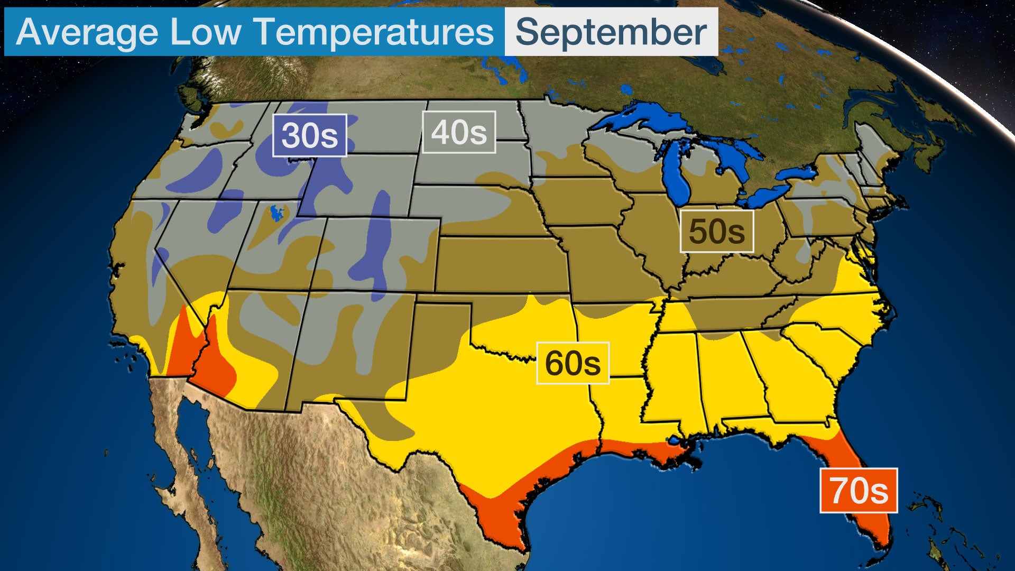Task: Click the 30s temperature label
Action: click(309, 135)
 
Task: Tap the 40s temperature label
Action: click(458, 132)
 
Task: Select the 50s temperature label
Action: click(716, 231)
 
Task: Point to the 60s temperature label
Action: click(573, 363)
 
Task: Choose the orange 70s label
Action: click(859, 491)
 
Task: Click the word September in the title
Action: click(611, 32)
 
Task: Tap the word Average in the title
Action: click(87, 32)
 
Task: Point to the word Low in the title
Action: click(205, 32)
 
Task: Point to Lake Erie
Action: click(767, 196)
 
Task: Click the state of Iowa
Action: click(582, 201)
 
